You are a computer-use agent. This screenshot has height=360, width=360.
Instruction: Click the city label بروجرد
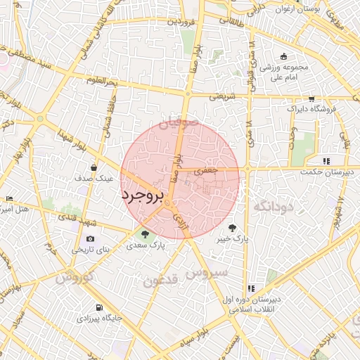(x=142, y=195)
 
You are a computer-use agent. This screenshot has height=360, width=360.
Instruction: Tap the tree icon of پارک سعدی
(x=145, y=235)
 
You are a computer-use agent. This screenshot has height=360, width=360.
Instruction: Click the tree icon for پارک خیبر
(x=233, y=228)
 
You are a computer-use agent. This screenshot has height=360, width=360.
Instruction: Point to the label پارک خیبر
(x=233, y=240)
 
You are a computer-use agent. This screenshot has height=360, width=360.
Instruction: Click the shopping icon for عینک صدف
(x=94, y=167)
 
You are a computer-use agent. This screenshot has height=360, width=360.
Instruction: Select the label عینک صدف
(x=94, y=179)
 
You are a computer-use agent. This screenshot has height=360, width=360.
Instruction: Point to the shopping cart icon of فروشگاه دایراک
(x=311, y=99)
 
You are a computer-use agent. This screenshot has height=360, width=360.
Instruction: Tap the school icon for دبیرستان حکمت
(x=326, y=160)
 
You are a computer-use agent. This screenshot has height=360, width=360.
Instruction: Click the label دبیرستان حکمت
(x=326, y=172)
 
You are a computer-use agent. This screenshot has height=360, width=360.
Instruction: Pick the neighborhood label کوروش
(x=74, y=276)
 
